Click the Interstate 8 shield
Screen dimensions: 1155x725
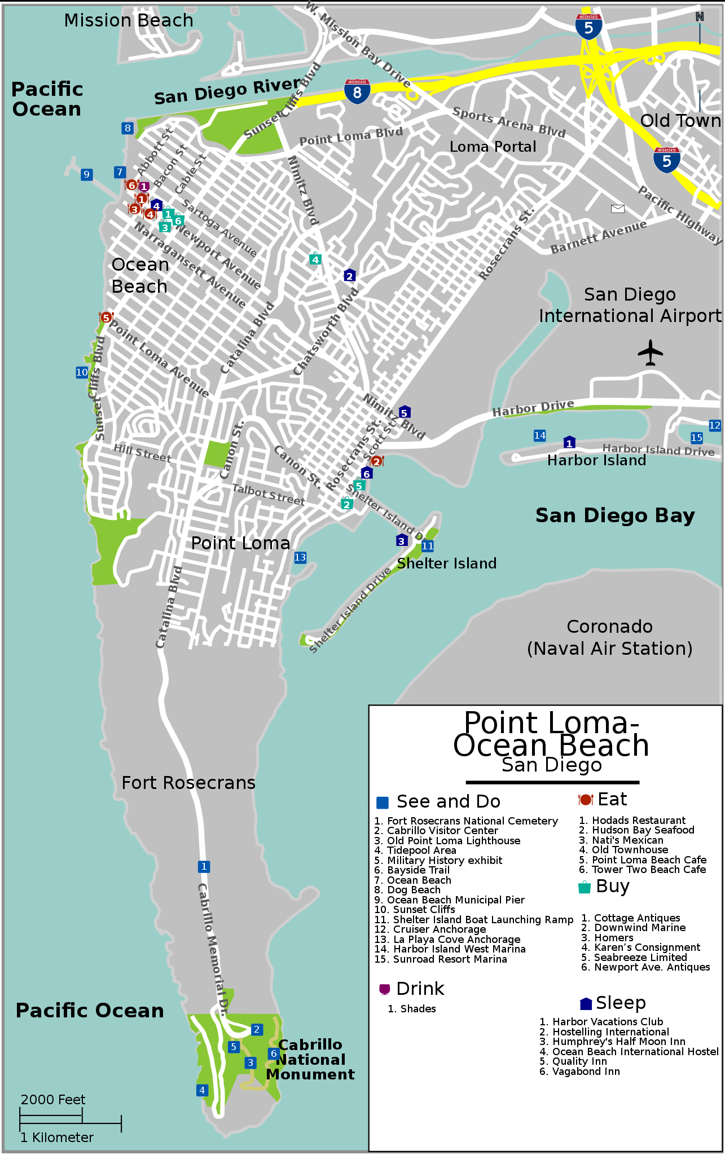coord(357,91)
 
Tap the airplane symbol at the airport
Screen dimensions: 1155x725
coord(650,352)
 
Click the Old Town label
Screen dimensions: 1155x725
coord(680,121)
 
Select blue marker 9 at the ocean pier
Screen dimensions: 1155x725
coord(86,174)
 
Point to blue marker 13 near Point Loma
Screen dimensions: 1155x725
coord(300,558)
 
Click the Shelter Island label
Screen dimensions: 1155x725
coord(446,563)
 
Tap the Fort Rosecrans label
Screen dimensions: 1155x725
coord(188,783)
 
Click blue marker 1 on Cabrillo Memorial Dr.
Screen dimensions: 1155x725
coord(204,866)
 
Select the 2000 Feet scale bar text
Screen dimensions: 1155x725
coord(52,1100)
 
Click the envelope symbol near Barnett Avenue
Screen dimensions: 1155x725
coord(618,209)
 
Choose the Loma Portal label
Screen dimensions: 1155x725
coord(493,147)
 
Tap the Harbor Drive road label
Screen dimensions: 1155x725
coord(533,408)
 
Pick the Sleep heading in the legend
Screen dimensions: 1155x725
coord(620,1003)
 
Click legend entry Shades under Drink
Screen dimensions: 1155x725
coord(418,1009)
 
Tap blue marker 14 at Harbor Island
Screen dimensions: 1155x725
coord(540,435)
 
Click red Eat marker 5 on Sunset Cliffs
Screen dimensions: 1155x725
coord(106,318)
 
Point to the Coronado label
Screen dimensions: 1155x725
coord(609,627)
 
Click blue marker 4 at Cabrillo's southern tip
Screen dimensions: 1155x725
coord(202,1090)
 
